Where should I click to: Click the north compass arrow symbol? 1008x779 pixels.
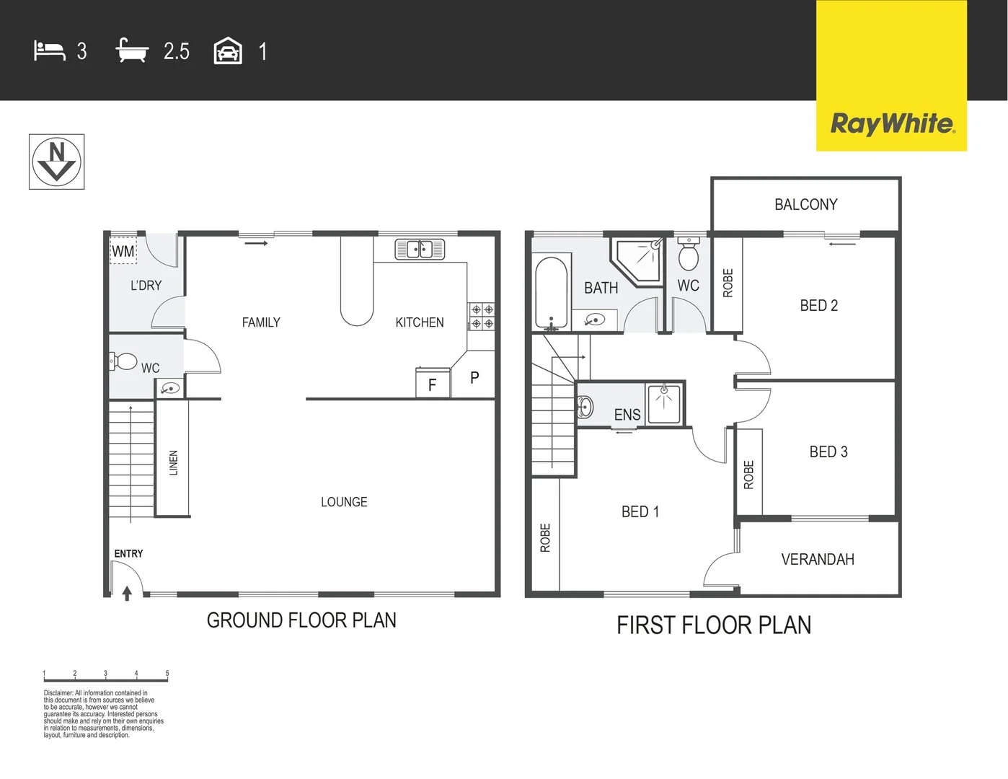click(56, 162)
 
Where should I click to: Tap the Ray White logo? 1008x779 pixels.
click(892, 123)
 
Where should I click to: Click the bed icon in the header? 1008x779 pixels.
click(49, 51)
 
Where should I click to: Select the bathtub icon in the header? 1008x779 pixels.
click(132, 51)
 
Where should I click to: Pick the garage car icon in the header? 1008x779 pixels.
click(228, 51)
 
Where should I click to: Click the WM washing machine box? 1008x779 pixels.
click(123, 251)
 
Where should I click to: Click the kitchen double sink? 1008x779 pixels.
click(420, 250)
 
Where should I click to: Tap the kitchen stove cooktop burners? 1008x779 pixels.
click(482, 317)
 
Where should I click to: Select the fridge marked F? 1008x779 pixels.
click(433, 384)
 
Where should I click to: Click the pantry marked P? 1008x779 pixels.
click(474, 377)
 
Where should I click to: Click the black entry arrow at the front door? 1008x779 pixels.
click(127, 593)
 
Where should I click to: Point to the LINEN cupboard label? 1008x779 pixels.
click(173, 462)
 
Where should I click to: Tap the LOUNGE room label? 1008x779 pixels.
click(344, 502)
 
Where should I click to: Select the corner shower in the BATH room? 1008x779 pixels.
click(639, 260)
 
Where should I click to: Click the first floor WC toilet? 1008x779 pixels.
click(689, 254)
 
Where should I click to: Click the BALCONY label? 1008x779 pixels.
click(805, 205)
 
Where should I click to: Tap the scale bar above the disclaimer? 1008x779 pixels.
click(105, 678)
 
